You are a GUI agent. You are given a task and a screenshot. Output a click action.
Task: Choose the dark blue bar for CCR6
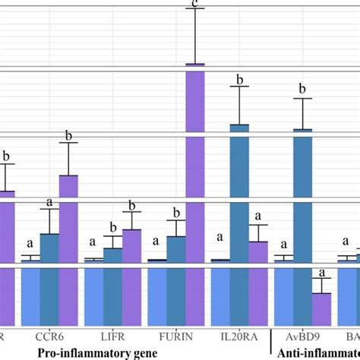pyautogui.click(x=50, y=248)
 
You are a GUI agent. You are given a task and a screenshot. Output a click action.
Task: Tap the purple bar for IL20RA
pyautogui.click(x=258, y=251)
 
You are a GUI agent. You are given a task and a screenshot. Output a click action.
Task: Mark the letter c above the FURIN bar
pyautogui.click(x=195, y=3)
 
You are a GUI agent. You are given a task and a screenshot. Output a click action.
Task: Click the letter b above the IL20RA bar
pyautogui.click(x=239, y=77)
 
